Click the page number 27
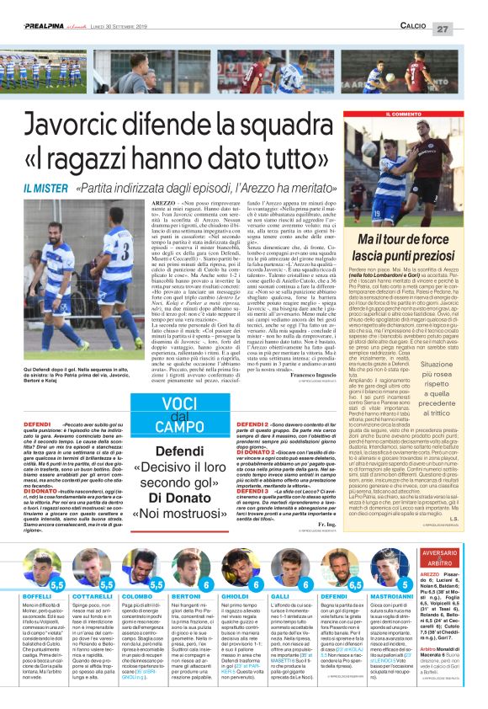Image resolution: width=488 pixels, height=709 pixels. coord(467,29)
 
